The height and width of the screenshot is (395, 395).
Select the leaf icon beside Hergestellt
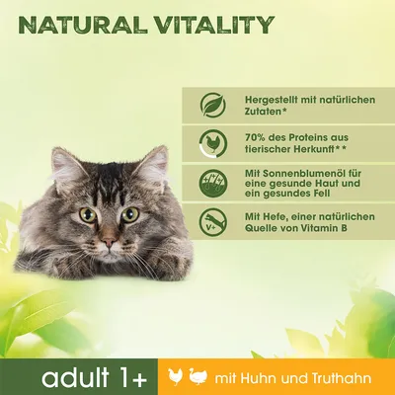coord(211,105)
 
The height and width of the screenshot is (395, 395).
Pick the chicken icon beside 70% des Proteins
coord(211,141)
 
